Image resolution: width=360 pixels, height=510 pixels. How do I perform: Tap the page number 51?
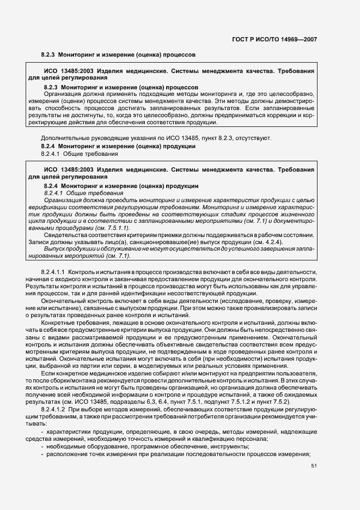(x=313, y=466)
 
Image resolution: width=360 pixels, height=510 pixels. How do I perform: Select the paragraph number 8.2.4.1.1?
(x=53, y=271)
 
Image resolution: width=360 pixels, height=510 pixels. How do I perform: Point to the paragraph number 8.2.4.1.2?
(x=53, y=408)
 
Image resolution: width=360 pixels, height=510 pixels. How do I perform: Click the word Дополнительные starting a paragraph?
(x=63, y=138)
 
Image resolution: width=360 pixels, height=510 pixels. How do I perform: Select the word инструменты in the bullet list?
(x=231, y=447)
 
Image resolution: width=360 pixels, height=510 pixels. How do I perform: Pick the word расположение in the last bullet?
(x=68, y=454)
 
